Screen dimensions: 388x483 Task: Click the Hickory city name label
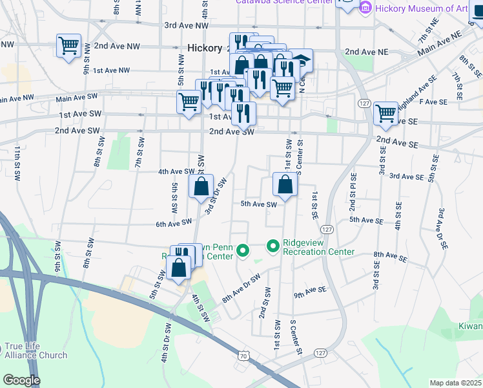(204, 48)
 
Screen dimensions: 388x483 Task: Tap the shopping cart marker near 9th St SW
(68, 46)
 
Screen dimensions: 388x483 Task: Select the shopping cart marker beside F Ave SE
(385, 113)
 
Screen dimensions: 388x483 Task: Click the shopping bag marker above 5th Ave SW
(285, 185)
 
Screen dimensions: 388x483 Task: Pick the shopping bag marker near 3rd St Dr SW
(201, 188)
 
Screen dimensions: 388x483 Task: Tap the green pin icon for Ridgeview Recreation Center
(272, 246)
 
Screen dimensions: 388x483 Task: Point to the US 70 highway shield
(243, 355)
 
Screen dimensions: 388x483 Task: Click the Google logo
(21, 380)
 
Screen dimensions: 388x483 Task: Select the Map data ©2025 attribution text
(455, 383)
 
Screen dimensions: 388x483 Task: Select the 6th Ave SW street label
(174, 222)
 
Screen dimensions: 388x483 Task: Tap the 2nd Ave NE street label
(366, 51)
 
